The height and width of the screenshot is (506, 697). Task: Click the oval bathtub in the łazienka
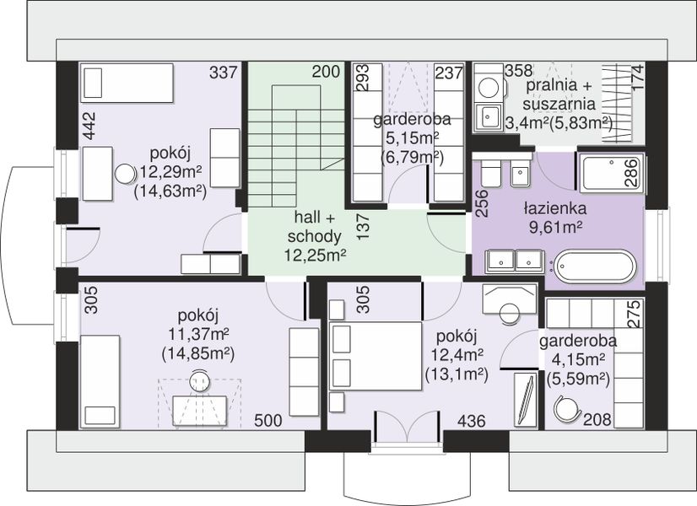click(596, 266)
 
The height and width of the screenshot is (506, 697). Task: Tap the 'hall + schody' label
click(314, 227)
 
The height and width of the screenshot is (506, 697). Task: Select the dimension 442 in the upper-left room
click(89, 126)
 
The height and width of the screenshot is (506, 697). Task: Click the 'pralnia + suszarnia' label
click(559, 94)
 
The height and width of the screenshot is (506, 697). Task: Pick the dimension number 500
click(268, 420)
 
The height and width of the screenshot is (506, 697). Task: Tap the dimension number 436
click(471, 420)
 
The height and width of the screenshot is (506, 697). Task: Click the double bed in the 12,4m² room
click(376, 356)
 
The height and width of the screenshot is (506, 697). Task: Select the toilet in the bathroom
click(491, 171)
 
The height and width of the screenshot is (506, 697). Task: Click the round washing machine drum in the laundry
click(488, 88)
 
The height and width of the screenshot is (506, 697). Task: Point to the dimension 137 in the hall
click(363, 227)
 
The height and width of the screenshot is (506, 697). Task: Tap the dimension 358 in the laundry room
click(518, 70)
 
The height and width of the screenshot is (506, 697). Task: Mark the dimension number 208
click(597, 419)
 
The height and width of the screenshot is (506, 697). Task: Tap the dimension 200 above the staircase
click(326, 71)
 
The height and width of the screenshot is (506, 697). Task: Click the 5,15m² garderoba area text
click(412, 138)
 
